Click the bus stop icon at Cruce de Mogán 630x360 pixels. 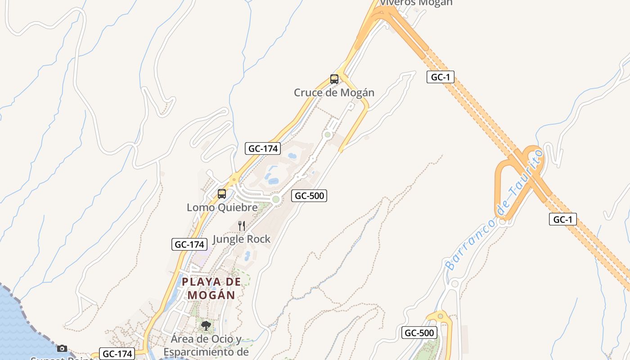(x=334, y=79)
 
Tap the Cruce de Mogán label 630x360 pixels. (x=334, y=93)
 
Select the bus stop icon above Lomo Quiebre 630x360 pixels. (x=222, y=194)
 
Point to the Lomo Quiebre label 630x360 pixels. (x=222, y=207)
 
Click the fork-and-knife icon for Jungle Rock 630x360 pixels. (x=242, y=225)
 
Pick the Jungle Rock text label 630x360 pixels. (x=242, y=239)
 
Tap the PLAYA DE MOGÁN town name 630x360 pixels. (x=211, y=288)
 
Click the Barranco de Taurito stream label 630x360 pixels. (x=494, y=211)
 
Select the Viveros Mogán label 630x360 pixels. (x=416, y=3)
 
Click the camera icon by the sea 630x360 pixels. (x=62, y=348)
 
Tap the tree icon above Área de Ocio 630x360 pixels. (x=206, y=325)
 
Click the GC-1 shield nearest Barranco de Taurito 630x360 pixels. (x=562, y=219)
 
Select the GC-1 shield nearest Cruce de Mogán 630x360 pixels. (x=440, y=77)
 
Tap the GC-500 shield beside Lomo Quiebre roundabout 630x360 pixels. (x=309, y=195)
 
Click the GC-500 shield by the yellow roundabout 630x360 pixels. (x=419, y=333)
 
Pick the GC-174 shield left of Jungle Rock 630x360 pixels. (x=189, y=244)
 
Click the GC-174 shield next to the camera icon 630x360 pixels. (x=117, y=354)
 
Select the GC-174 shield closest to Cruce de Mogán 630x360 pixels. (x=263, y=148)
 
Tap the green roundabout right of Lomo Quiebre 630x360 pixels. (x=276, y=199)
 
